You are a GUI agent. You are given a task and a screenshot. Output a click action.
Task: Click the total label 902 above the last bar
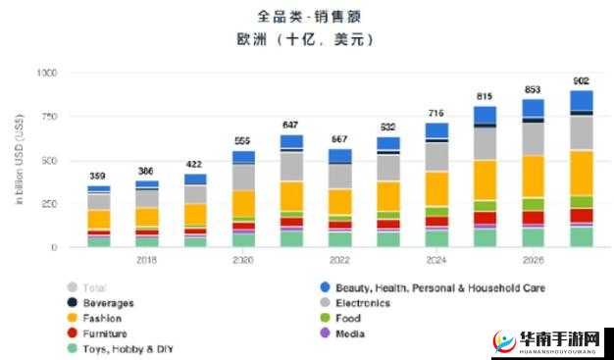click(x=581, y=81)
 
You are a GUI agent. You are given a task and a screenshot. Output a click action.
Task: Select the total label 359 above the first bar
click(x=98, y=177)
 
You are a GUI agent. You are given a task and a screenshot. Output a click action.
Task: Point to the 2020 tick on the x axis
click(x=243, y=261)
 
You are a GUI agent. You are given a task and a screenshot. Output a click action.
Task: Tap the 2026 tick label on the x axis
click(x=532, y=261)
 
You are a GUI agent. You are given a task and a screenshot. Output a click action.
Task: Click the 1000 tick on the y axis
click(x=46, y=74)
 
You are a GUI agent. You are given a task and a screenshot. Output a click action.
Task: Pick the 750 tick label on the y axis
click(x=49, y=117)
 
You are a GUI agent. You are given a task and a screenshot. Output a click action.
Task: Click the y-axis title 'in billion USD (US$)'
click(x=19, y=160)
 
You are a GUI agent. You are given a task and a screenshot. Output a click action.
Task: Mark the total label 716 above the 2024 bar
click(x=436, y=114)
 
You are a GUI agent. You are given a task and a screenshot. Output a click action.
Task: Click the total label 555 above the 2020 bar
click(x=243, y=141)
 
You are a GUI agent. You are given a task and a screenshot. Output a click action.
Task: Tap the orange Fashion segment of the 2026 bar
click(x=533, y=177)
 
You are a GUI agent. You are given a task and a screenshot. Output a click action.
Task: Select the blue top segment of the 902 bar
click(x=581, y=100)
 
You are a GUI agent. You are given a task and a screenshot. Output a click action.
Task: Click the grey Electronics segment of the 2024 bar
click(x=436, y=157)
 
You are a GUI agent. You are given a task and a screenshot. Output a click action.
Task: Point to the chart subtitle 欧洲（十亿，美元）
click(x=305, y=39)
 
